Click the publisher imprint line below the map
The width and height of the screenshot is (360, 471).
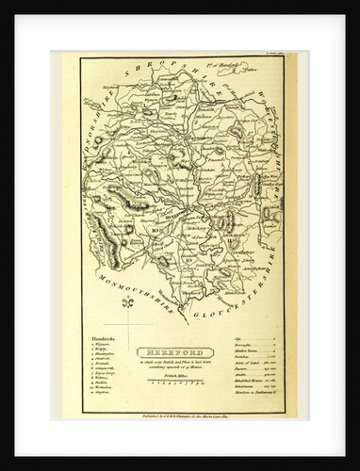179,414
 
